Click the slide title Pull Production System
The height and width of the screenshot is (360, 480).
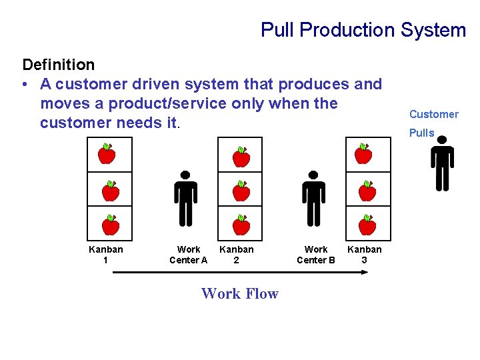(x=363, y=30)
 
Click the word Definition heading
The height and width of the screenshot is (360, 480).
(x=59, y=65)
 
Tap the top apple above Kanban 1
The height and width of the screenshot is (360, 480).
(x=107, y=154)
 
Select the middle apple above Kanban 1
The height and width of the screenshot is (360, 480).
(x=110, y=191)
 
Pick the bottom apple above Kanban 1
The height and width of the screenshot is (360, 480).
(x=111, y=225)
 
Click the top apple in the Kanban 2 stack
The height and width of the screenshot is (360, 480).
(x=241, y=157)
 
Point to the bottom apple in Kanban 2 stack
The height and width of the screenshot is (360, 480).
(x=241, y=225)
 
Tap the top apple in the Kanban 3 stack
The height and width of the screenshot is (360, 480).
(x=363, y=154)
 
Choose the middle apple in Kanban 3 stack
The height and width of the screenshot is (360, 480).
(x=367, y=191)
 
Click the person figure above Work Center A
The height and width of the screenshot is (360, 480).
(x=185, y=198)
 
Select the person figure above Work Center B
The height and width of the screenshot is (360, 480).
(x=313, y=198)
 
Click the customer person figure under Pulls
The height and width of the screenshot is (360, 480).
(x=442, y=163)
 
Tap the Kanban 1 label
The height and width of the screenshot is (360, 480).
(x=106, y=255)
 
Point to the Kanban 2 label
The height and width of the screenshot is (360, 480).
(x=237, y=255)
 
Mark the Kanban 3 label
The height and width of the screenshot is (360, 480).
(x=365, y=255)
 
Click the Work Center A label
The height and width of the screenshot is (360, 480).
(x=189, y=255)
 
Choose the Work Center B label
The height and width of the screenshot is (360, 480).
(x=316, y=255)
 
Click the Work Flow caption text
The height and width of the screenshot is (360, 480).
(x=240, y=293)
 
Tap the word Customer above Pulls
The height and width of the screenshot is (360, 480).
(x=434, y=114)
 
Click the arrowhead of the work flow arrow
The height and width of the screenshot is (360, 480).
(x=365, y=272)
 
